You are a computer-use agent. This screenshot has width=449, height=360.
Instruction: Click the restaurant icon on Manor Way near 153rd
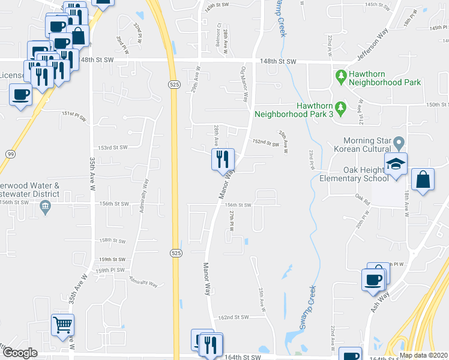pos(222,160)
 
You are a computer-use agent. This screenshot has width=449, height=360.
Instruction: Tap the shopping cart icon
pos(62,326)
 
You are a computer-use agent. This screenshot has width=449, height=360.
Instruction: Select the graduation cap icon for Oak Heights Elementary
pos(396,164)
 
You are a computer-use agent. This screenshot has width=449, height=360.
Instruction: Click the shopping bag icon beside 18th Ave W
pos(424,180)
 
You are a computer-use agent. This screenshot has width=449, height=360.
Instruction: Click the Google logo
pos(20,353)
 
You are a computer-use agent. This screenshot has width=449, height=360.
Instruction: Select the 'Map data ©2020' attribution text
pos(423,355)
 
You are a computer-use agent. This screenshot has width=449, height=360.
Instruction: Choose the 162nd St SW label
pos(233,317)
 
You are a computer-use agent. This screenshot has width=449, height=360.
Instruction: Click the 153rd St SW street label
pos(114,148)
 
